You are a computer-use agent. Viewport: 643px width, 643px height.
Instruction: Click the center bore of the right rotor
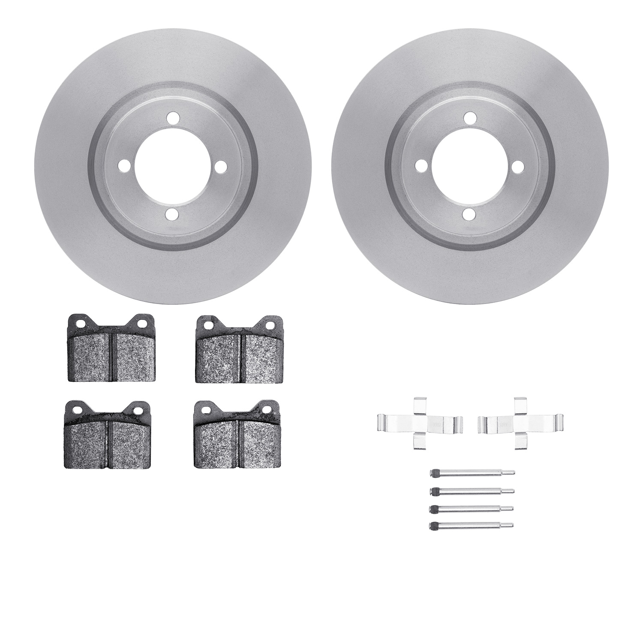(x=470, y=166)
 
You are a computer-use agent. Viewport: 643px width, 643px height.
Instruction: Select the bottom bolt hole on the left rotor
(x=172, y=214)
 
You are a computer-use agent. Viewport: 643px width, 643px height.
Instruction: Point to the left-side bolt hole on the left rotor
(x=124, y=166)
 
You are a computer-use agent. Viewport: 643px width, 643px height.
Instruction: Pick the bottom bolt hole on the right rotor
(x=470, y=214)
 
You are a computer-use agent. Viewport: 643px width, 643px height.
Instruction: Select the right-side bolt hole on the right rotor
(x=518, y=166)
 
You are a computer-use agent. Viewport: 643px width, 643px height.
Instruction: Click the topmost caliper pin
(x=472, y=473)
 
